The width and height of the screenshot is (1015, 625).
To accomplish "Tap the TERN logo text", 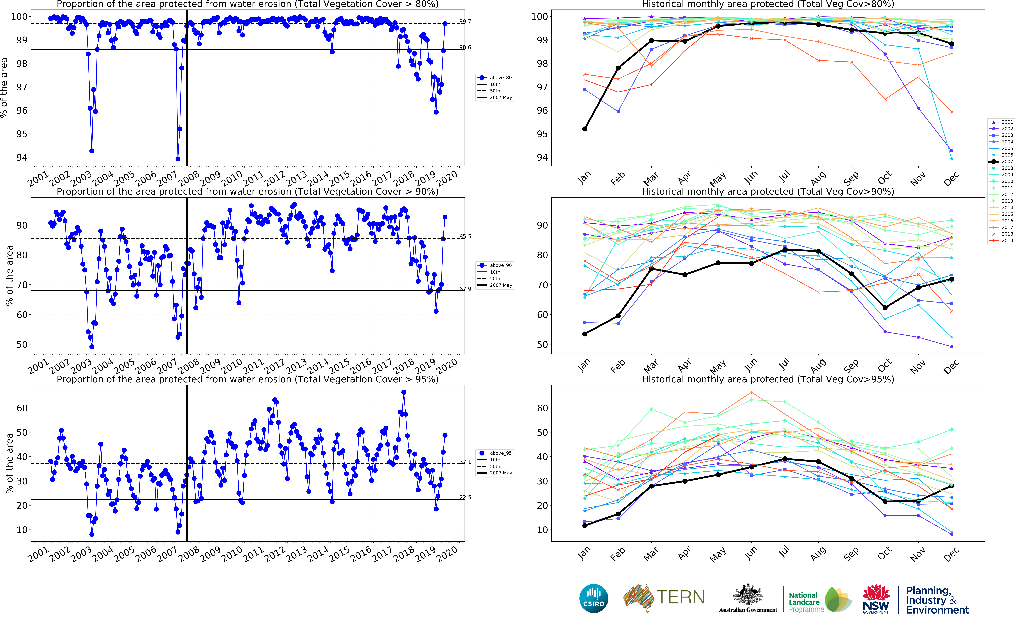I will point(680,597).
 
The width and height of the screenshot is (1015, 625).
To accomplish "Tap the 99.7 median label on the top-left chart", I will point(465,22).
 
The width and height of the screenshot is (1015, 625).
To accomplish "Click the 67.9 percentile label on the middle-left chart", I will point(465,289).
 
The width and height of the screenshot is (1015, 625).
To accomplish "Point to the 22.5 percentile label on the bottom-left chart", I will point(465,497).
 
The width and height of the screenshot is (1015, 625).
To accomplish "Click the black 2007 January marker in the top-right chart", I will point(585,129).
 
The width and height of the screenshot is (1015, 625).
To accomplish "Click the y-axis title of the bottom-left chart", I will point(9,463).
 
